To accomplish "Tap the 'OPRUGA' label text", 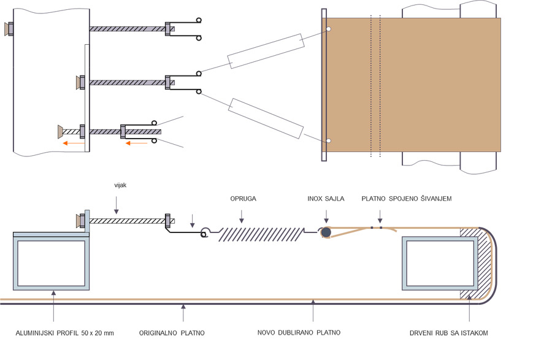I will click(x=243, y=199).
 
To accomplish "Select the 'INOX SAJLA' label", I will click(x=326, y=199).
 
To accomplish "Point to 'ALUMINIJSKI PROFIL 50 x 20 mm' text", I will click(x=65, y=333).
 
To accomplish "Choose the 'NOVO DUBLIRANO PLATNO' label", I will click(x=299, y=333).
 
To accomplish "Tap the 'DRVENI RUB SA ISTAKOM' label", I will click(x=449, y=333).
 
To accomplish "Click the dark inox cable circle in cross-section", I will click(x=326, y=232).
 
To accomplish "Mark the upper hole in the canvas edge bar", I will click(x=329, y=29).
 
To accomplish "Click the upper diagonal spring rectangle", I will click(x=266, y=52).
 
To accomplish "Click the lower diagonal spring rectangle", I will click(x=266, y=117).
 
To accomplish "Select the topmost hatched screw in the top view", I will click(x=127, y=28).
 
